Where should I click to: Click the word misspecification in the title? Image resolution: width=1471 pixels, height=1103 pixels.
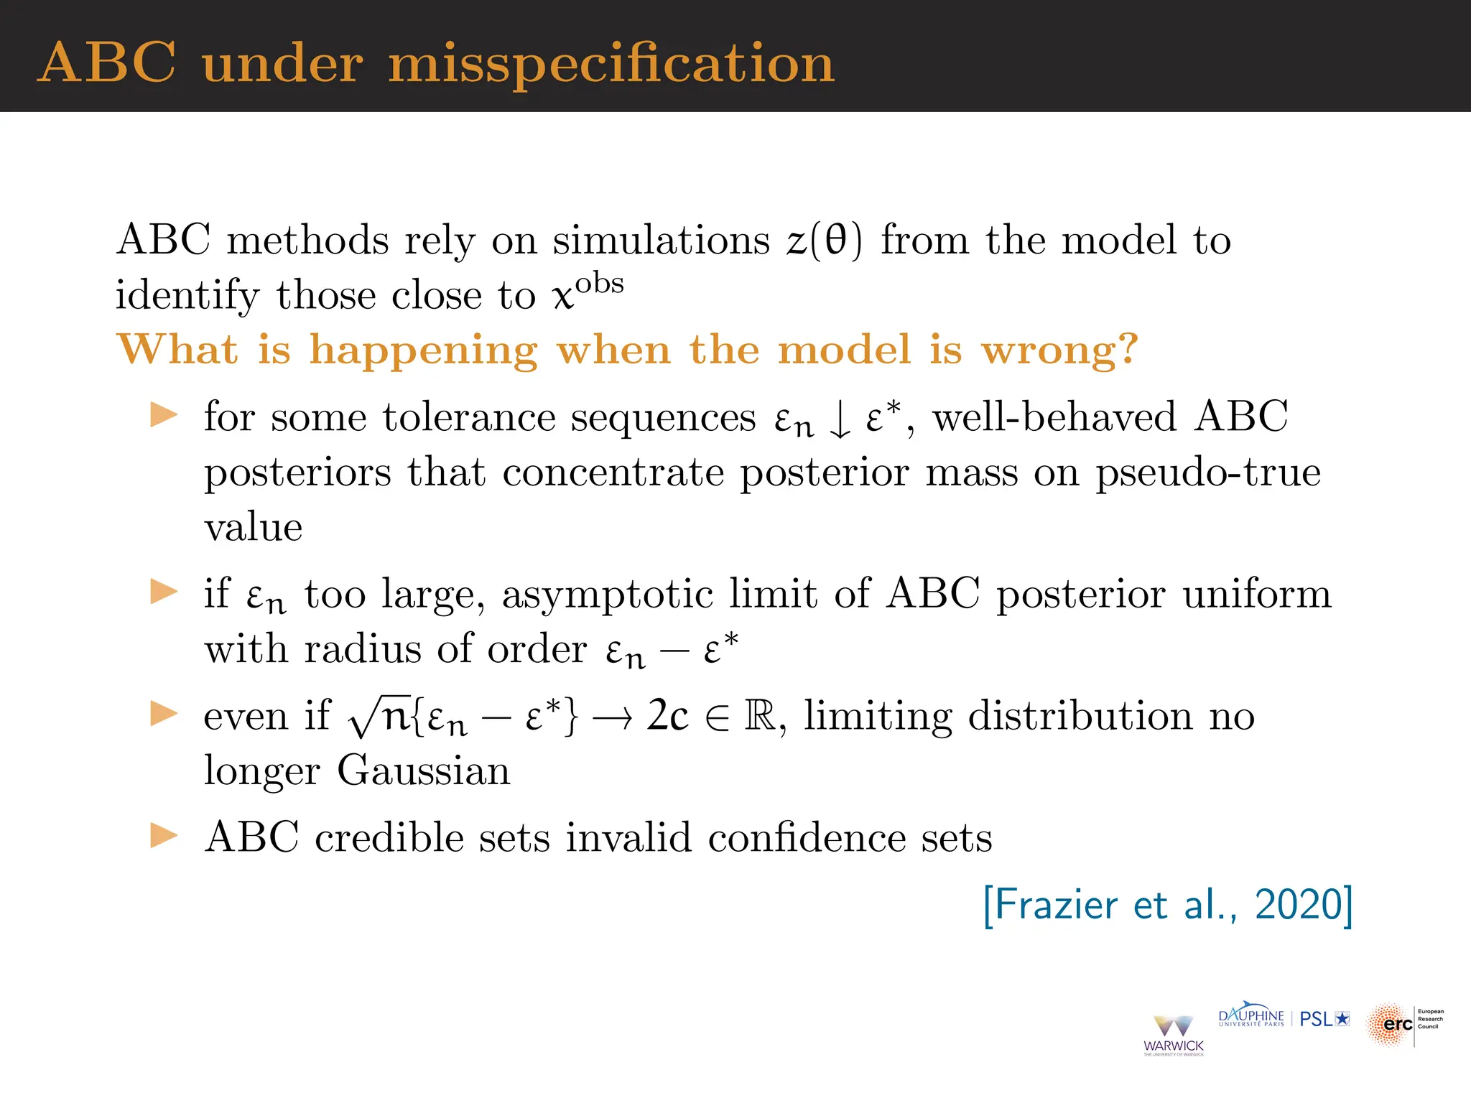pyautogui.click(x=611, y=64)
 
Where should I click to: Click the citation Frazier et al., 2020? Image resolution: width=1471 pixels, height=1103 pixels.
pyautogui.click(x=1168, y=905)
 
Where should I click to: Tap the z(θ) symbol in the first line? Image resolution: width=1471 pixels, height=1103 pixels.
pyautogui.click(x=824, y=240)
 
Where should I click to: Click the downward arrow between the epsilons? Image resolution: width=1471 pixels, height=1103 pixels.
pyautogui.click(x=840, y=420)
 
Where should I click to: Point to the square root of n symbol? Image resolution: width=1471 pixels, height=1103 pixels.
pyautogui.click(x=379, y=717)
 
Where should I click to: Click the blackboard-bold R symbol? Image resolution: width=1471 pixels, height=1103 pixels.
pyautogui.click(x=760, y=716)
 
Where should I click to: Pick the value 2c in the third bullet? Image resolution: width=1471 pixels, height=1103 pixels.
pyautogui.click(x=667, y=716)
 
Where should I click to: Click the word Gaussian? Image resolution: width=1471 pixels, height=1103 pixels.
pyautogui.click(x=424, y=771)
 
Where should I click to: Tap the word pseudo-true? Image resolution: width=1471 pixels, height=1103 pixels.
pyautogui.click(x=1207, y=473)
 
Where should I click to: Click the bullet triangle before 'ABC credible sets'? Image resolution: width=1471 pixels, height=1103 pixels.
pyautogui.click(x=164, y=836)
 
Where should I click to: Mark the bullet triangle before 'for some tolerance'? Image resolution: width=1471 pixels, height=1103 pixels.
pyautogui.click(x=164, y=415)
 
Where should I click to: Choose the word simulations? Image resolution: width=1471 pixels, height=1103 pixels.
pyautogui.click(x=661, y=240)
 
